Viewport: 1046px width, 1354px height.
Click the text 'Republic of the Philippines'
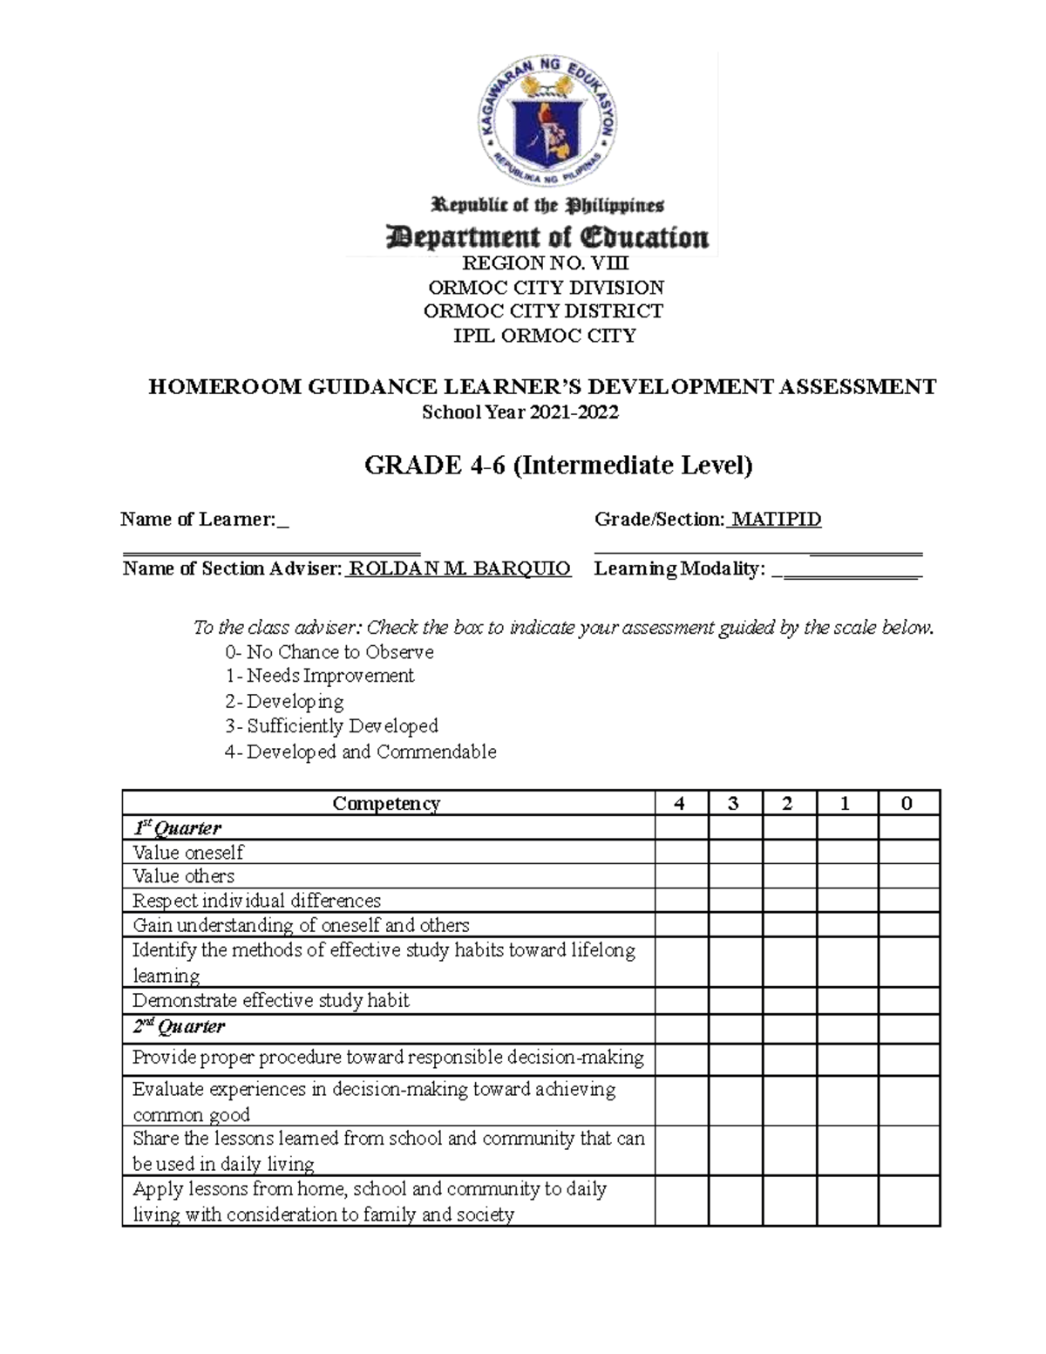tap(548, 206)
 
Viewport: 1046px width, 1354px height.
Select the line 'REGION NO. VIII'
tap(546, 263)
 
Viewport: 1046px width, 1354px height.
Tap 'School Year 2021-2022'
tap(520, 412)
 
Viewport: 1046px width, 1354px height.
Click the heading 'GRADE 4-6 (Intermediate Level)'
tap(558, 466)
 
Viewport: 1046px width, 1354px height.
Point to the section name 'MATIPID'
tap(777, 520)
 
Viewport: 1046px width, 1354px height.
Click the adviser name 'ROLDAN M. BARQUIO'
tap(459, 569)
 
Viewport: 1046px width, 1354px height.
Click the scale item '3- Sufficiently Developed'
tap(331, 725)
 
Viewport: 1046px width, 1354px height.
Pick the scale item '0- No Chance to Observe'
tap(329, 652)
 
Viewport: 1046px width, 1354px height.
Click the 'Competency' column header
tap(386, 803)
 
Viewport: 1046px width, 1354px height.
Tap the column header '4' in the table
tap(680, 803)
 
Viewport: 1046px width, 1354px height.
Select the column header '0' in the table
tap(907, 803)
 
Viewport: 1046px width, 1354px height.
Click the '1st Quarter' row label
tap(177, 827)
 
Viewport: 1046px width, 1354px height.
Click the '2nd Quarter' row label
tap(179, 1026)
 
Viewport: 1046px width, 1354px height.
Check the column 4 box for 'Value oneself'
tap(681, 852)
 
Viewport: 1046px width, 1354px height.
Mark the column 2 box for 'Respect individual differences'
tap(790, 900)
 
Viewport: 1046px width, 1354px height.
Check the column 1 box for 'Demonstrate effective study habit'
tap(846, 1000)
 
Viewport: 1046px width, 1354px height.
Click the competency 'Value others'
tap(184, 875)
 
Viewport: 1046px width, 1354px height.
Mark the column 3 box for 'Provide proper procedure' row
tap(735, 1058)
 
